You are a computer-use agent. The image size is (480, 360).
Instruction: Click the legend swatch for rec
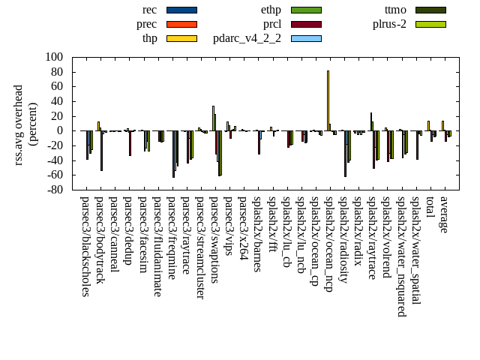181,10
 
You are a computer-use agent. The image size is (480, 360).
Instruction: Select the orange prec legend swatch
181,24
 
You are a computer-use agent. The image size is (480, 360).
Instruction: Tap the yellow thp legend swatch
181,38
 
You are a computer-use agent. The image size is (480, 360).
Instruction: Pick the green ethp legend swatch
306,10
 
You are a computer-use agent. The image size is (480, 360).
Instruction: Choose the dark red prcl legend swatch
306,24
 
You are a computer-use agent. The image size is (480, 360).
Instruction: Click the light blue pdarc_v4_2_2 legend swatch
306,38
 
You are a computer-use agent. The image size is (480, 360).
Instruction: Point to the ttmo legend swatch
430,10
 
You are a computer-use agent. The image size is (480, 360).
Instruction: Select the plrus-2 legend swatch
430,24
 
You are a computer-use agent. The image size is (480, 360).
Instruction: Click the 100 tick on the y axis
53,57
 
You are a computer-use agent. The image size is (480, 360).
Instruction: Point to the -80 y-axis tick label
53,190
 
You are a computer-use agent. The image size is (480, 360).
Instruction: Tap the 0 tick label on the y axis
59,130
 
